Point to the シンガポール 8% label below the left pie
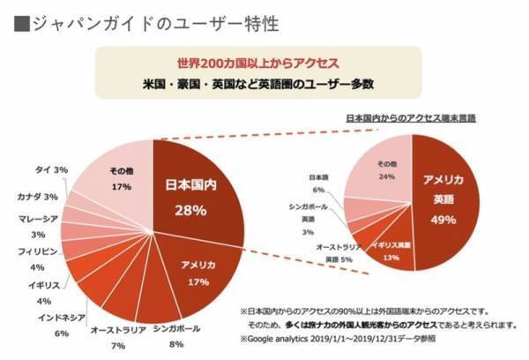pos(176,336)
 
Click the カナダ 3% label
pos(36,196)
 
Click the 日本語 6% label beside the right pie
pos(317,183)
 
